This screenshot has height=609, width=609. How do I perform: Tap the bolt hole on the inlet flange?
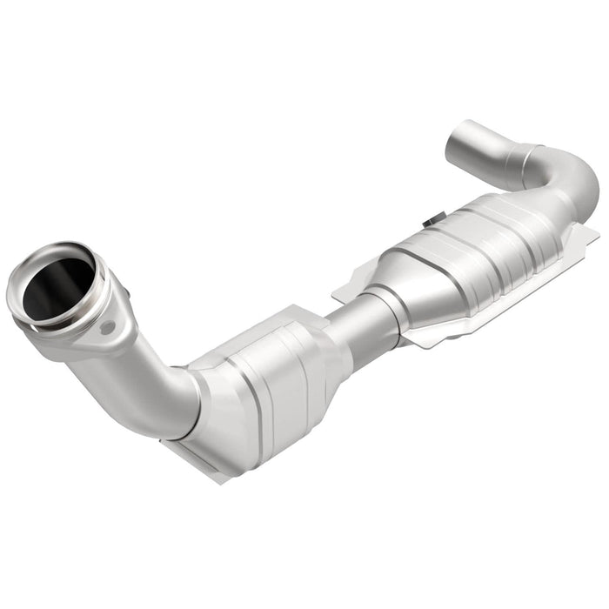tap(106, 329)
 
